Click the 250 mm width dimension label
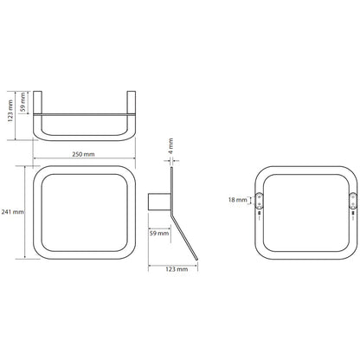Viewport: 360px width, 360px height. pos(83,154)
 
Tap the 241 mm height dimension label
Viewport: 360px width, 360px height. pos(13,212)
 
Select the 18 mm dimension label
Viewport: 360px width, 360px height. pos(238,200)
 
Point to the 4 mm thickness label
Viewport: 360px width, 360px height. pos(170,145)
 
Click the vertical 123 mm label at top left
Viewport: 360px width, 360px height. pos(10,111)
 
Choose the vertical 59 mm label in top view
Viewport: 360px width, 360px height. pos(23,102)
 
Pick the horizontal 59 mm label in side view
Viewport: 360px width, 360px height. pos(159,233)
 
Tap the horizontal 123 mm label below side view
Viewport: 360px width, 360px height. pos(177,269)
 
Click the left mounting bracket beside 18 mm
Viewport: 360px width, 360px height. pos(259,200)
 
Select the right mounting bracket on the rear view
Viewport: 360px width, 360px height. pos(353,200)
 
